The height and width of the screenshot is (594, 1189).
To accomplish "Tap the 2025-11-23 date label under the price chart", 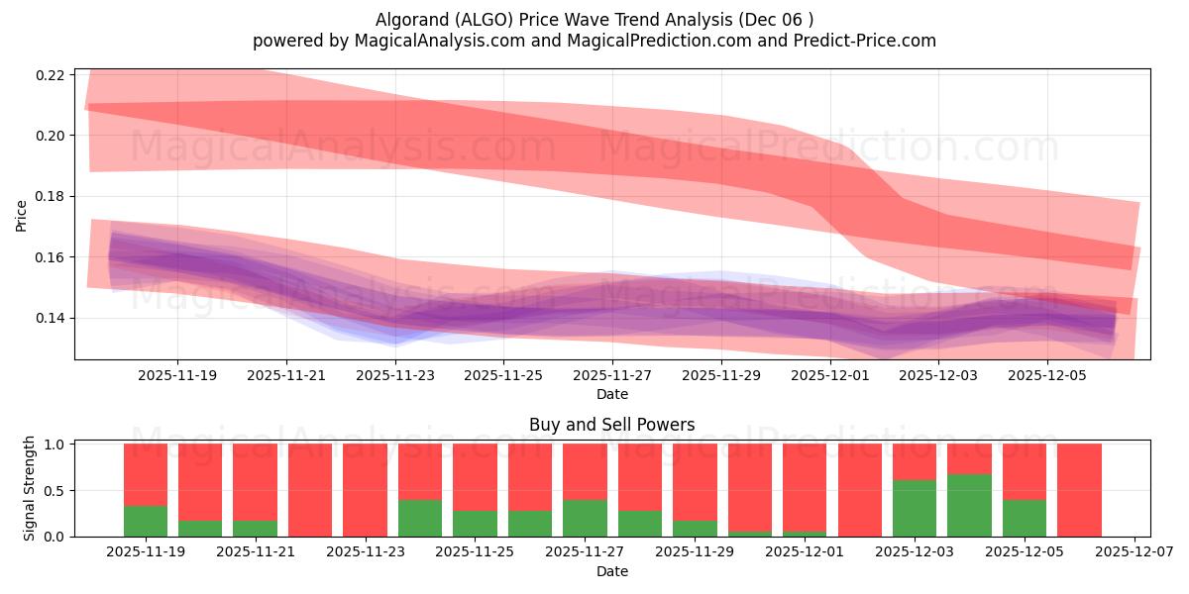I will click(x=395, y=376).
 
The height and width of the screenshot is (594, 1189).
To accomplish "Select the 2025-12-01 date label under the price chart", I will click(x=830, y=376).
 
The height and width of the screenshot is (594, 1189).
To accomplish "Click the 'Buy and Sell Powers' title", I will click(x=611, y=425).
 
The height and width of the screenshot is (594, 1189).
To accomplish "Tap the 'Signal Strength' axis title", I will click(x=30, y=487).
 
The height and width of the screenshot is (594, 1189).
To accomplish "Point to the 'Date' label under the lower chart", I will click(x=611, y=571).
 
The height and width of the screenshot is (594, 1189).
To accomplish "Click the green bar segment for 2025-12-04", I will click(x=969, y=506).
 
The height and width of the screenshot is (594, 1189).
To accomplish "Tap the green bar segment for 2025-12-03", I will click(x=915, y=509).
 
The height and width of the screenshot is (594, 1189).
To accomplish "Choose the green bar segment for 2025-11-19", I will click(x=146, y=522).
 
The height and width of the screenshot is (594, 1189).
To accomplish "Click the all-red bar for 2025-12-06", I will click(x=1079, y=490).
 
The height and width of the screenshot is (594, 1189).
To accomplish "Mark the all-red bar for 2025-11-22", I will click(x=310, y=490).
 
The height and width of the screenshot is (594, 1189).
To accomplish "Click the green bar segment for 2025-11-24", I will click(x=420, y=519).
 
